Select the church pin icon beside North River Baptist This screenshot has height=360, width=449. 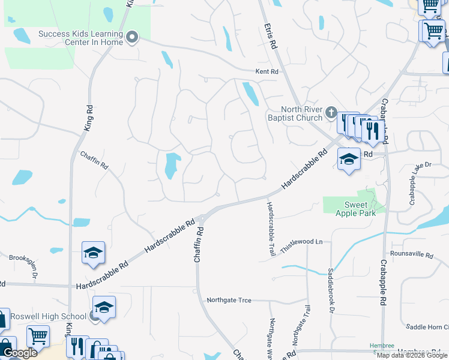click(331, 112)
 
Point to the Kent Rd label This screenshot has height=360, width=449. click(267, 71)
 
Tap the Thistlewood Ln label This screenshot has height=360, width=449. click(303, 242)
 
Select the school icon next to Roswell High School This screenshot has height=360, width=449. click(104, 307)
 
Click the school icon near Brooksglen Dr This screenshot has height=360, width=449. click(93, 253)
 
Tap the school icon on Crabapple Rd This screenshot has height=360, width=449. click(349, 159)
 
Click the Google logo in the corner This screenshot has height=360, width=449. click(19, 353)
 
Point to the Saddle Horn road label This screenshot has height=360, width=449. click(427, 327)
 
